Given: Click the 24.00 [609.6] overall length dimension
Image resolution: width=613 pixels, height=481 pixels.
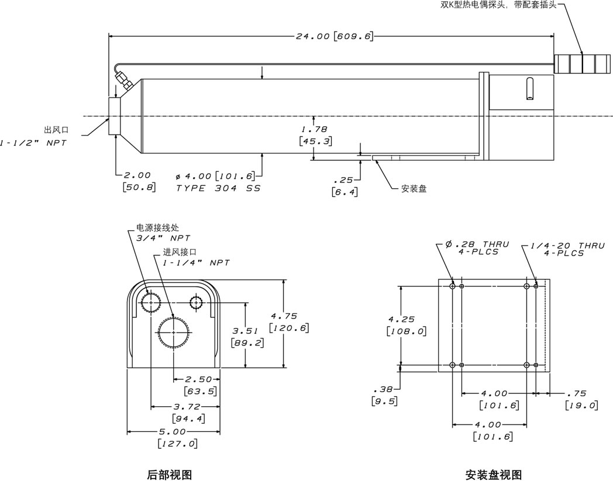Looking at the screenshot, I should click(333, 36).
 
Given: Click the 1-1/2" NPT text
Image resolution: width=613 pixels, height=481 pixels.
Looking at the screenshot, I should click(32, 143).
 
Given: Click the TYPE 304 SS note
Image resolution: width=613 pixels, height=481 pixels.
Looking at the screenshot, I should click(218, 188).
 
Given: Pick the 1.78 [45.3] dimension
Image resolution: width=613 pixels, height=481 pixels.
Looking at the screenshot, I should click(315, 135).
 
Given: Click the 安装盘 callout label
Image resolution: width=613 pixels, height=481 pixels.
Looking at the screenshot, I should click(414, 188).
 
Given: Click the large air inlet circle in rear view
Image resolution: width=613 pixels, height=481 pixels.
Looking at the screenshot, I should click(174, 332).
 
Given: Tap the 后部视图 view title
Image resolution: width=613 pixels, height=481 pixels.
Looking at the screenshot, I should click(170, 475).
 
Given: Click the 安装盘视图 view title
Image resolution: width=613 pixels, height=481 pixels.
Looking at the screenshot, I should click(494, 475).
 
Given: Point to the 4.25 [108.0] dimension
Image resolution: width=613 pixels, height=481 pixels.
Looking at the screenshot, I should click(406, 325).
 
